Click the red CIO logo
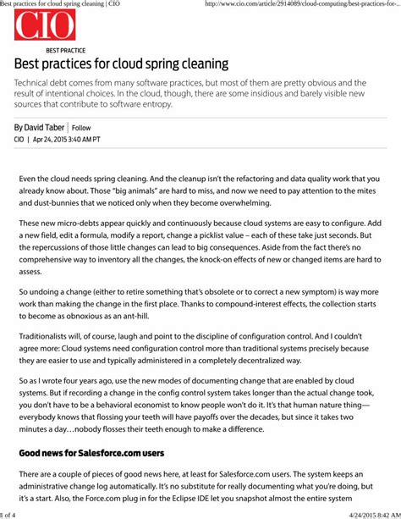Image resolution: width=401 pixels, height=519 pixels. click(x=45, y=26)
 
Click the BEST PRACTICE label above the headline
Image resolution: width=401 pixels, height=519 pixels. click(x=66, y=51)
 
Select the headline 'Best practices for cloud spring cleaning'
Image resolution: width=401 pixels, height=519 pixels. click(x=121, y=64)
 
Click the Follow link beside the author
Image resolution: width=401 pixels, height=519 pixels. click(x=81, y=128)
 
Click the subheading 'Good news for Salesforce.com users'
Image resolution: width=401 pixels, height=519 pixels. click(x=91, y=453)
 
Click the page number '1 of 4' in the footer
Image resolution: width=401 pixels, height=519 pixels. click(x=10, y=514)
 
